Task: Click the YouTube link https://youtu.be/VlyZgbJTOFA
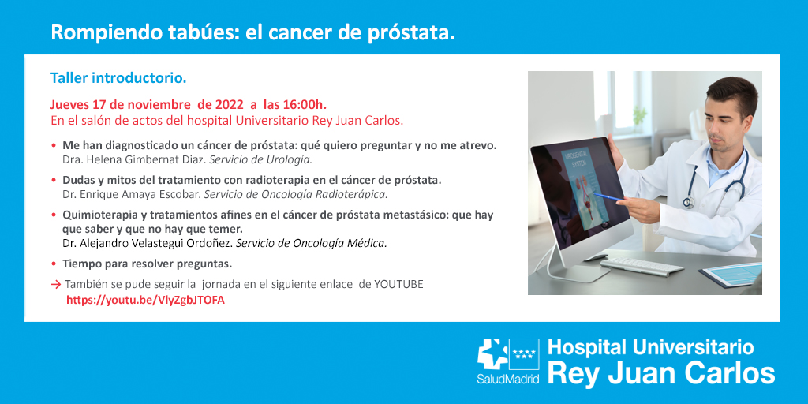coord(145,301)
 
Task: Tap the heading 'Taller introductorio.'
coord(118,79)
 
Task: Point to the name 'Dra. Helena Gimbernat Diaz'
coord(133,159)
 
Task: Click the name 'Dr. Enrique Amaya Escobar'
coord(132,195)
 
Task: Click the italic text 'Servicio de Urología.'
coord(260,159)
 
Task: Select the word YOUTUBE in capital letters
coord(398,284)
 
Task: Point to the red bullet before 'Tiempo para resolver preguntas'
coord(54,264)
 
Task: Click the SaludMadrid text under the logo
coord(508,380)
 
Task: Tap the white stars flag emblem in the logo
coord(524,353)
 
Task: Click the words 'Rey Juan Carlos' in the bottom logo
coord(661,373)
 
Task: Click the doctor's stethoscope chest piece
coord(688,201)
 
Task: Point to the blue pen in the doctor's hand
coord(608,196)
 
